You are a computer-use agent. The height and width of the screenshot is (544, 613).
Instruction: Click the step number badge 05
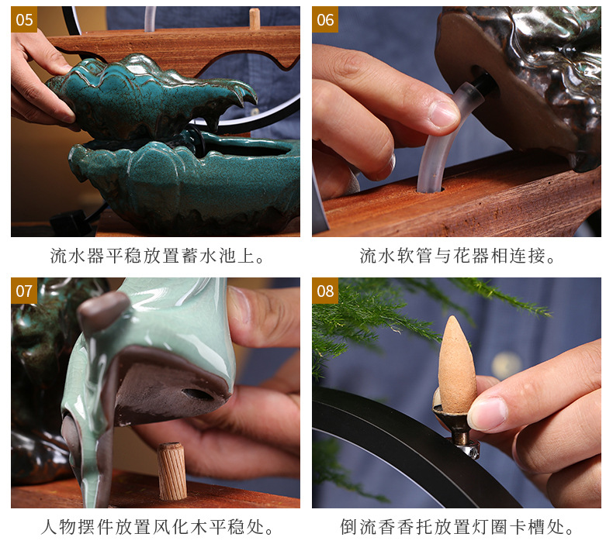(x=24, y=19)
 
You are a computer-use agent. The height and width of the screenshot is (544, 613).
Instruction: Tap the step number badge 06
(x=325, y=19)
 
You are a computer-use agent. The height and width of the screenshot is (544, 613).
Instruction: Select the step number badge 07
(x=24, y=291)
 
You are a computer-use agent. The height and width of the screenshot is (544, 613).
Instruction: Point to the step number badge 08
(x=325, y=291)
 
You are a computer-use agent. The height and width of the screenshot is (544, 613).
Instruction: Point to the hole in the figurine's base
(x=200, y=394)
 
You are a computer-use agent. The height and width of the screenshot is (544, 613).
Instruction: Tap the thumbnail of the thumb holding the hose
(x=443, y=114)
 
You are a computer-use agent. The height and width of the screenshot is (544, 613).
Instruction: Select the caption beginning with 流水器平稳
(x=155, y=256)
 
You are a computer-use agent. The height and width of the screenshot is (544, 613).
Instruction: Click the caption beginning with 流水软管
(x=457, y=256)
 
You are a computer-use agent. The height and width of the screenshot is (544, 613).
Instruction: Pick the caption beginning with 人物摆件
(x=155, y=528)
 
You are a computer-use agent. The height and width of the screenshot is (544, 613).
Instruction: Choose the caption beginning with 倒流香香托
(x=457, y=528)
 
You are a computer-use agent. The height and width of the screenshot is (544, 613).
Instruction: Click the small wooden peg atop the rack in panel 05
(x=254, y=19)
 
